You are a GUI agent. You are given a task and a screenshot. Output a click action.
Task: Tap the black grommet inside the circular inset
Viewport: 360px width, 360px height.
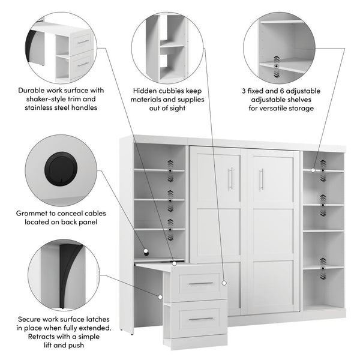point(59,166)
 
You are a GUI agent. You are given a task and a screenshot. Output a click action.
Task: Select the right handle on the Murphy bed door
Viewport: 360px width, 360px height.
point(261,179)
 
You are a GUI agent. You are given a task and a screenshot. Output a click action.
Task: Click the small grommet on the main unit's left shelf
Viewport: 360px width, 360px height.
point(145,250)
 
